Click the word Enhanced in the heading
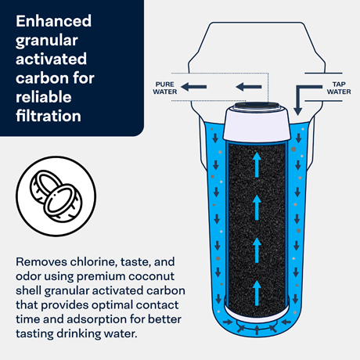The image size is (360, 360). (53, 21)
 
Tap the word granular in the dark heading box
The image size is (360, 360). (47, 41)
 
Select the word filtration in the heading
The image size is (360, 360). (49, 116)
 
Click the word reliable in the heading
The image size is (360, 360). (44, 97)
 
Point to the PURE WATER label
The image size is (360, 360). (165, 88)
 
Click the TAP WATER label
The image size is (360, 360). (339, 88)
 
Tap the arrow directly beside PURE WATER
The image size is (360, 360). (193, 87)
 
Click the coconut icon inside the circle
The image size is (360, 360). (56, 196)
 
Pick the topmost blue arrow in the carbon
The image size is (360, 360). (257, 164)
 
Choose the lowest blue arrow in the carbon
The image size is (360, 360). (257, 293)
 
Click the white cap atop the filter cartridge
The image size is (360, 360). (257, 122)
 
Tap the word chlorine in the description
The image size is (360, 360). (93, 261)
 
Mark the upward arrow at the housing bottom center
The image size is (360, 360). (257, 330)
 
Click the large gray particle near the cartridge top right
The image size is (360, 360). (293, 149)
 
